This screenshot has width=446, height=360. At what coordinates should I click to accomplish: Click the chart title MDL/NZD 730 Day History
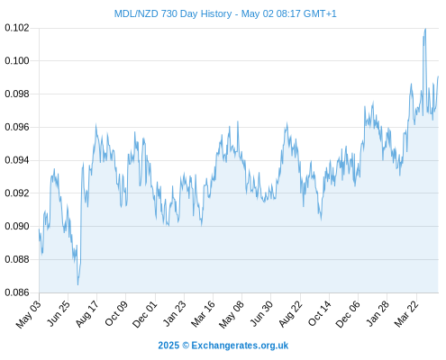173,13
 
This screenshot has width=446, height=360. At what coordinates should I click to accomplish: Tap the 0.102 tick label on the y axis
17,28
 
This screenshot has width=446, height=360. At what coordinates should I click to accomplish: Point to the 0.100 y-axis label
17,61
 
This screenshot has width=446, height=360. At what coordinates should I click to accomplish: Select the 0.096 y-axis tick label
17,127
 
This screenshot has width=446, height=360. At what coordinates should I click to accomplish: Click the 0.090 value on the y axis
17,226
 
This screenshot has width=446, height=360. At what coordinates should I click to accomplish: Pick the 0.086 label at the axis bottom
17,292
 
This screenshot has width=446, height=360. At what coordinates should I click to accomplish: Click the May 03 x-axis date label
29,314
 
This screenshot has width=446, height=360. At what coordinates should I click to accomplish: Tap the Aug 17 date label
87,314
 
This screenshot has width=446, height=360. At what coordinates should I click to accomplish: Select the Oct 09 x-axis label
116,313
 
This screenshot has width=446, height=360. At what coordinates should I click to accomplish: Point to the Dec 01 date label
145,314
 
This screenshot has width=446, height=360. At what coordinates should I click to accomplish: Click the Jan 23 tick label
174,313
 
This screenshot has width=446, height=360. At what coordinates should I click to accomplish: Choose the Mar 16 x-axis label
204,314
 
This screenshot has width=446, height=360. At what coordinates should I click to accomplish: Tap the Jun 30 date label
261,313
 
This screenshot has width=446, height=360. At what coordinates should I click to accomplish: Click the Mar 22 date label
406,314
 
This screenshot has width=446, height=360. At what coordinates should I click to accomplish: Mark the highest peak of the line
425,29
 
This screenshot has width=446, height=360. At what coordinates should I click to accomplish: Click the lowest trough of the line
77,284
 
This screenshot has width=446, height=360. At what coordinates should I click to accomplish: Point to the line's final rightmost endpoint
438,76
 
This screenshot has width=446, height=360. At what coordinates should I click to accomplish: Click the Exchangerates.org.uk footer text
240,346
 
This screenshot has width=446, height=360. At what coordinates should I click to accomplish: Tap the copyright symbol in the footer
186,346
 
